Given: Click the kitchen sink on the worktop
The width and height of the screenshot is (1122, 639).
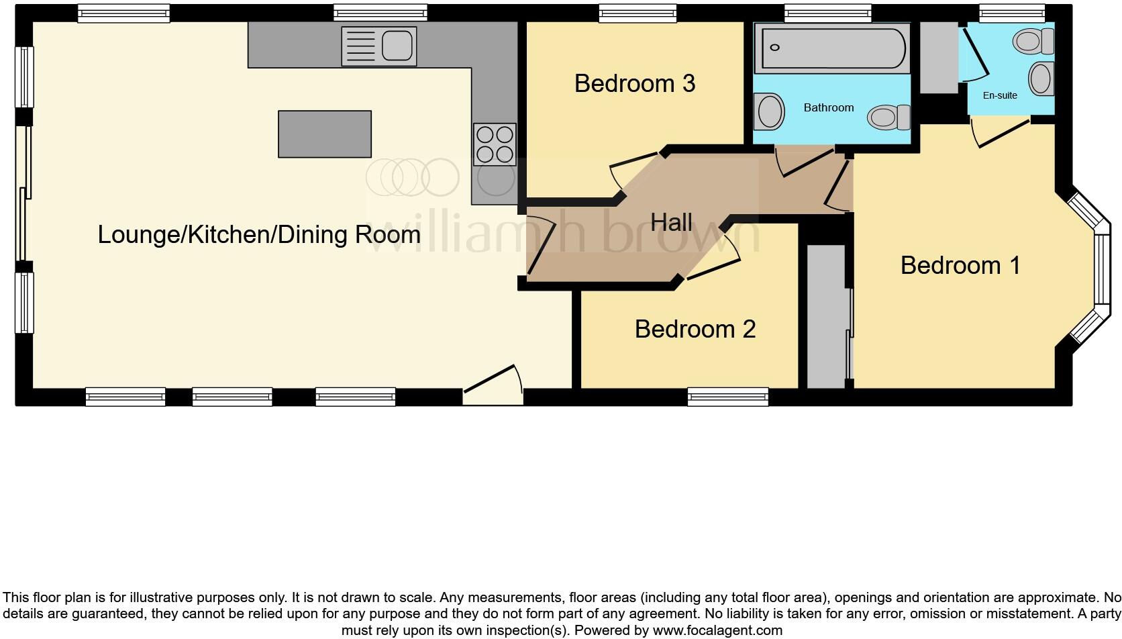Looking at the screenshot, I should click(379, 46).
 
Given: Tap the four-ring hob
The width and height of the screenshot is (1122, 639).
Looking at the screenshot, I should click(495, 144).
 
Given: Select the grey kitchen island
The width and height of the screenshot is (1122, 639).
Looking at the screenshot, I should click(325, 134).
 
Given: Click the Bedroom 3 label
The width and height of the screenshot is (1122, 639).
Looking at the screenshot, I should click(634, 84).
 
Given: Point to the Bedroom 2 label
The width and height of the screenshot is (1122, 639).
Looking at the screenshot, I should click(695, 329).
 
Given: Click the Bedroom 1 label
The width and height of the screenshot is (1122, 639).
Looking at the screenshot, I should click(960, 265).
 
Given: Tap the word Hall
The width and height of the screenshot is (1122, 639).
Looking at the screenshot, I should click(671, 222).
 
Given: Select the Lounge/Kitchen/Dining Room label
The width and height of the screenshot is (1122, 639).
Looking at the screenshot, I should click(259, 234).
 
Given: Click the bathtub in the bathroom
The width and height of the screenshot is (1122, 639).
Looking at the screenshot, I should click(831, 48).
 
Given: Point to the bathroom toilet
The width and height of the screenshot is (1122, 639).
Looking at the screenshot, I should click(887, 117).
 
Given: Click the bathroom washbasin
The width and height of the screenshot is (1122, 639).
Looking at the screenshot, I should click(770, 111).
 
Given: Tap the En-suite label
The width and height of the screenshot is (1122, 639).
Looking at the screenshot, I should click(1000, 95).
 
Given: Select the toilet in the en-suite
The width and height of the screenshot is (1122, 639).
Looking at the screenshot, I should click(1034, 42).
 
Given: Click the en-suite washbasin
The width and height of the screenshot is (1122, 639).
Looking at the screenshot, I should click(1041, 78).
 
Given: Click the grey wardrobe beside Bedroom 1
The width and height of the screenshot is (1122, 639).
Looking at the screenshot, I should click(827, 315).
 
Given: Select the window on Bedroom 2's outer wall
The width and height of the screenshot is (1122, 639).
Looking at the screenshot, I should click(728, 397).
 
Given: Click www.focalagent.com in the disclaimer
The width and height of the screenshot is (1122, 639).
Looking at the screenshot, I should click(717, 630).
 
